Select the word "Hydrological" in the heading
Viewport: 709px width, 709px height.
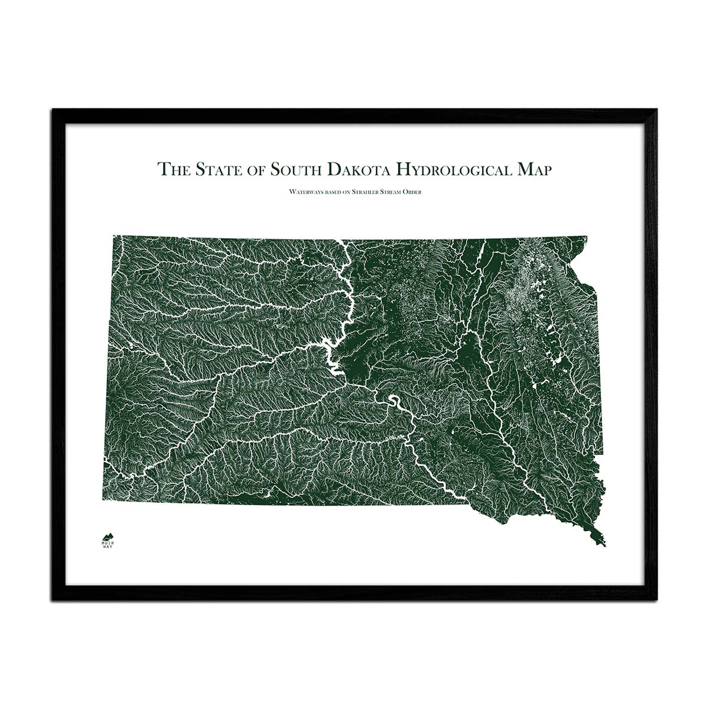[x=453, y=170]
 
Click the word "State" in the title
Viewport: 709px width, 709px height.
[x=217, y=170]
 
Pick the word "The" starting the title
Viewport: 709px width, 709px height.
[x=171, y=170]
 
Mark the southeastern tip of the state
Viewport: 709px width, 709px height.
[x=604, y=544]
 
